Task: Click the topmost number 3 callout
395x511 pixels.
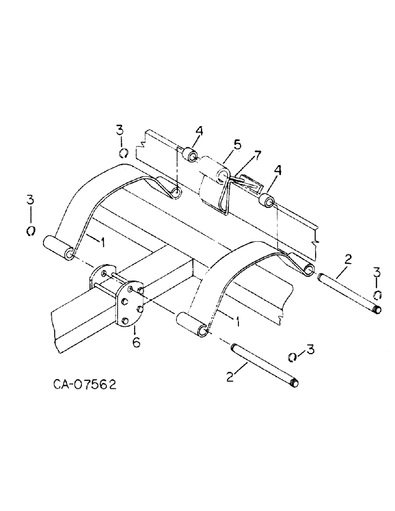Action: (x=120, y=131)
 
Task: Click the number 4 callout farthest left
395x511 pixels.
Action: (x=199, y=132)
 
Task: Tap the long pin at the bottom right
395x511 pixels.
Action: (x=265, y=365)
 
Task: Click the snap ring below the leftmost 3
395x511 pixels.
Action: (x=31, y=230)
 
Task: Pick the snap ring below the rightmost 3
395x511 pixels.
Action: (x=377, y=294)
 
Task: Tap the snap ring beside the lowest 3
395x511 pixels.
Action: (x=293, y=357)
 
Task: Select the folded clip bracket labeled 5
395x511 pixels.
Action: (x=215, y=187)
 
